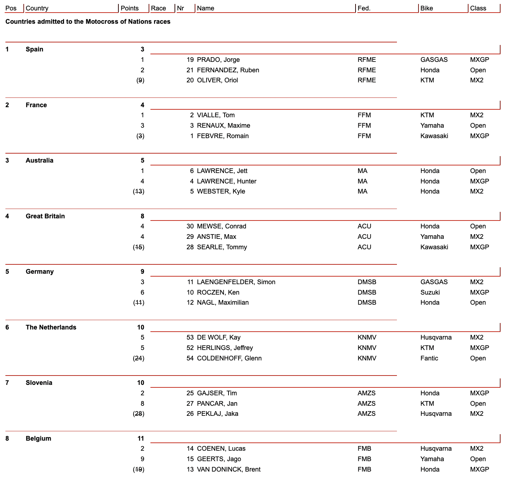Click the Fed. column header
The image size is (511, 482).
click(364, 8)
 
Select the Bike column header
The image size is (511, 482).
click(426, 8)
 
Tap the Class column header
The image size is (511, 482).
click(478, 8)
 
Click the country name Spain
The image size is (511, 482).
click(35, 49)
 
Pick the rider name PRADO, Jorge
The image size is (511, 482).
click(218, 60)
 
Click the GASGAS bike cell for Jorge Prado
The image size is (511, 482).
click(434, 60)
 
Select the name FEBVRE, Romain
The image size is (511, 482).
click(223, 136)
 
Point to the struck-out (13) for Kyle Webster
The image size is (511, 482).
click(139, 191)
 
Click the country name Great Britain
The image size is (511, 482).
click(45, 216)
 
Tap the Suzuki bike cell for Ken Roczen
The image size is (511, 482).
click(430, 292)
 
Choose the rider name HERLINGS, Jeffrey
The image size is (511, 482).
click(225, 348)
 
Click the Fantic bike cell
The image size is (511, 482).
click(429, 358)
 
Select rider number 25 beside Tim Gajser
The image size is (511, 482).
click(190, 393)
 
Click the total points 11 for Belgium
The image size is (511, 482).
click(141, 438)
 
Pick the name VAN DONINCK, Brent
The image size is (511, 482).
click(229, 469)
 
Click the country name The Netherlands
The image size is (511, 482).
click(51, 327)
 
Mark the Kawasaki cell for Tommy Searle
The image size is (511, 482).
click(434, 247)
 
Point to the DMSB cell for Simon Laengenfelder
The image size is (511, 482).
click(367, 282)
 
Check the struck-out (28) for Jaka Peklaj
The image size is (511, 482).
click(139, 414)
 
